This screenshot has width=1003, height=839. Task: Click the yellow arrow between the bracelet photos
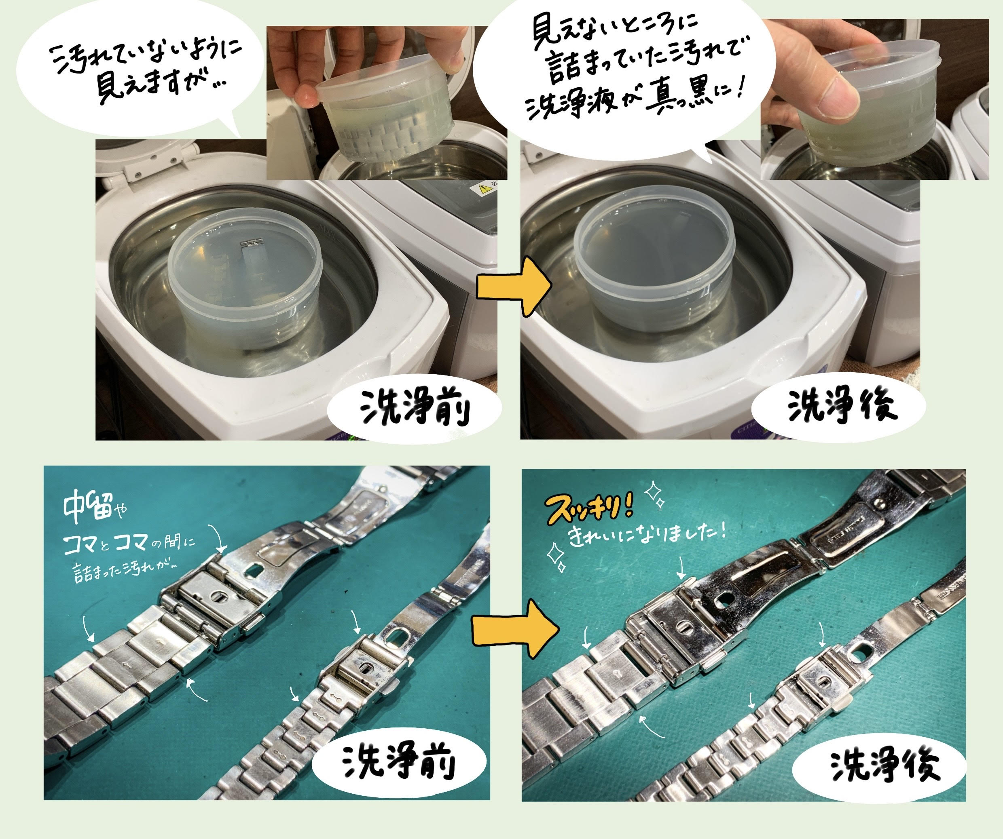click(515, 629)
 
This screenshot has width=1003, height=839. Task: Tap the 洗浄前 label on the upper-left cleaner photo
click(415, 409)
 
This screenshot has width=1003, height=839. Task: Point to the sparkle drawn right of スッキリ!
click(655, 495)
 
